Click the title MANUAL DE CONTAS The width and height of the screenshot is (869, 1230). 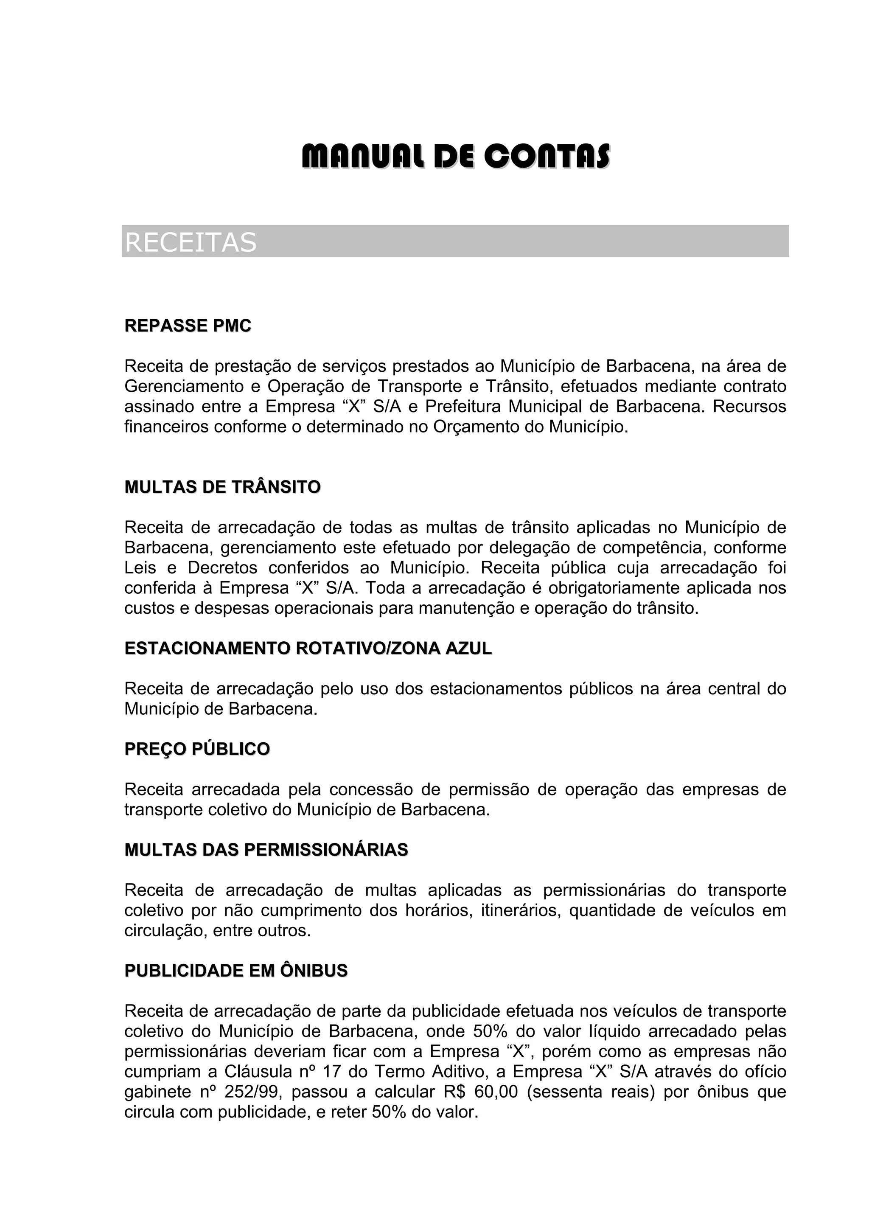pos(456,155)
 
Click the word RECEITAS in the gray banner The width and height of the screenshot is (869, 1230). pos(191,242)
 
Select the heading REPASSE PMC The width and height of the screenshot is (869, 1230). pos(188,326)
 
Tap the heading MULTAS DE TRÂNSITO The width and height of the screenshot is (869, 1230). pos(222,487)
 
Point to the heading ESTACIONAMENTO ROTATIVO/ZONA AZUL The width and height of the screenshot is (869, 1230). pos(308,648)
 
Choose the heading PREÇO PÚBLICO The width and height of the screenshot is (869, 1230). pos(197,749)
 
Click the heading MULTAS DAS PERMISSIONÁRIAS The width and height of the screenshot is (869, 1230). pos(266,850)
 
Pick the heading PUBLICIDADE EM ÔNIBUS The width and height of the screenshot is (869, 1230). pos(236,971)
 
